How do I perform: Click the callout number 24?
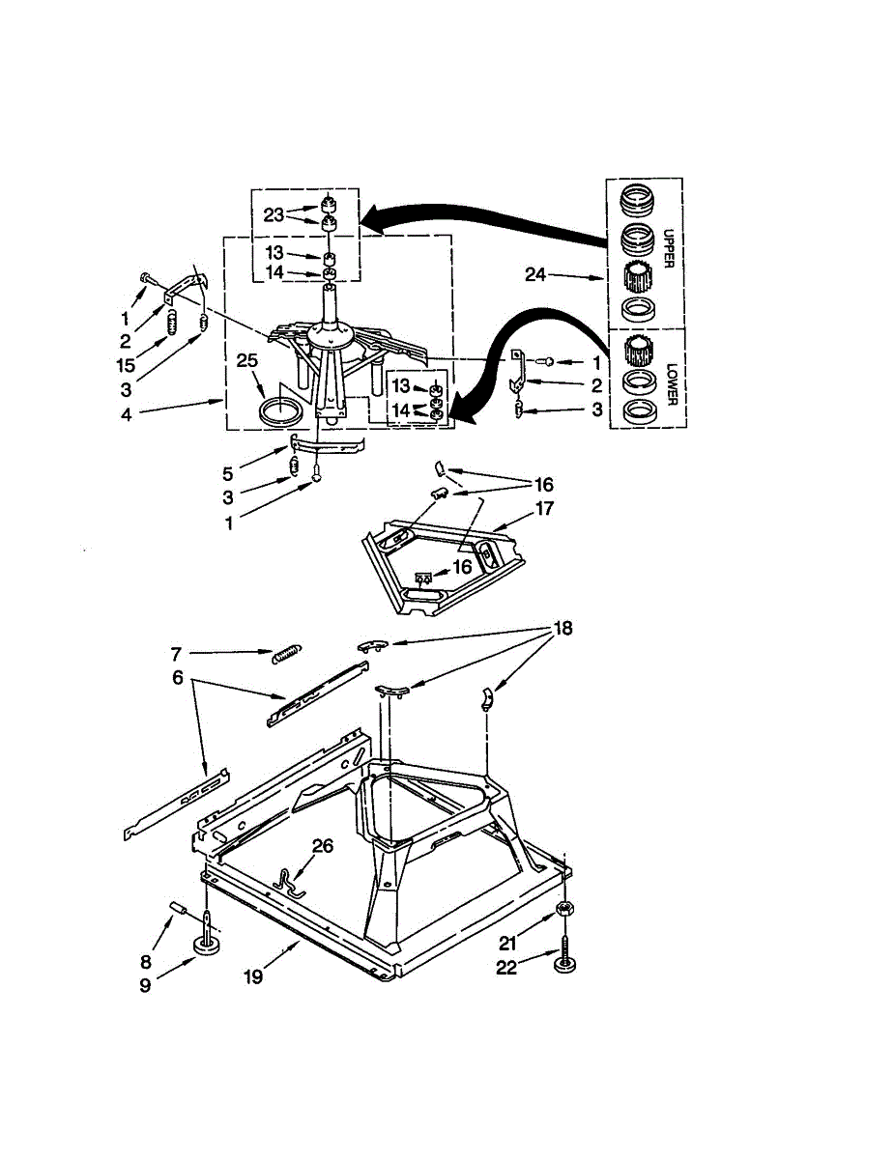(x=536, y=275)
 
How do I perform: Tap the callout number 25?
(x=247, y=360)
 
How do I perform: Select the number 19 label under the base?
(x=252, y=976)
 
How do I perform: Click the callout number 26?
(x=323, y=846)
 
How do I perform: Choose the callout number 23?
(x=274, y=214)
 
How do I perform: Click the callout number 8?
(x=146, y=961)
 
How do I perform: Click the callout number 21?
(x=508, y=943)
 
